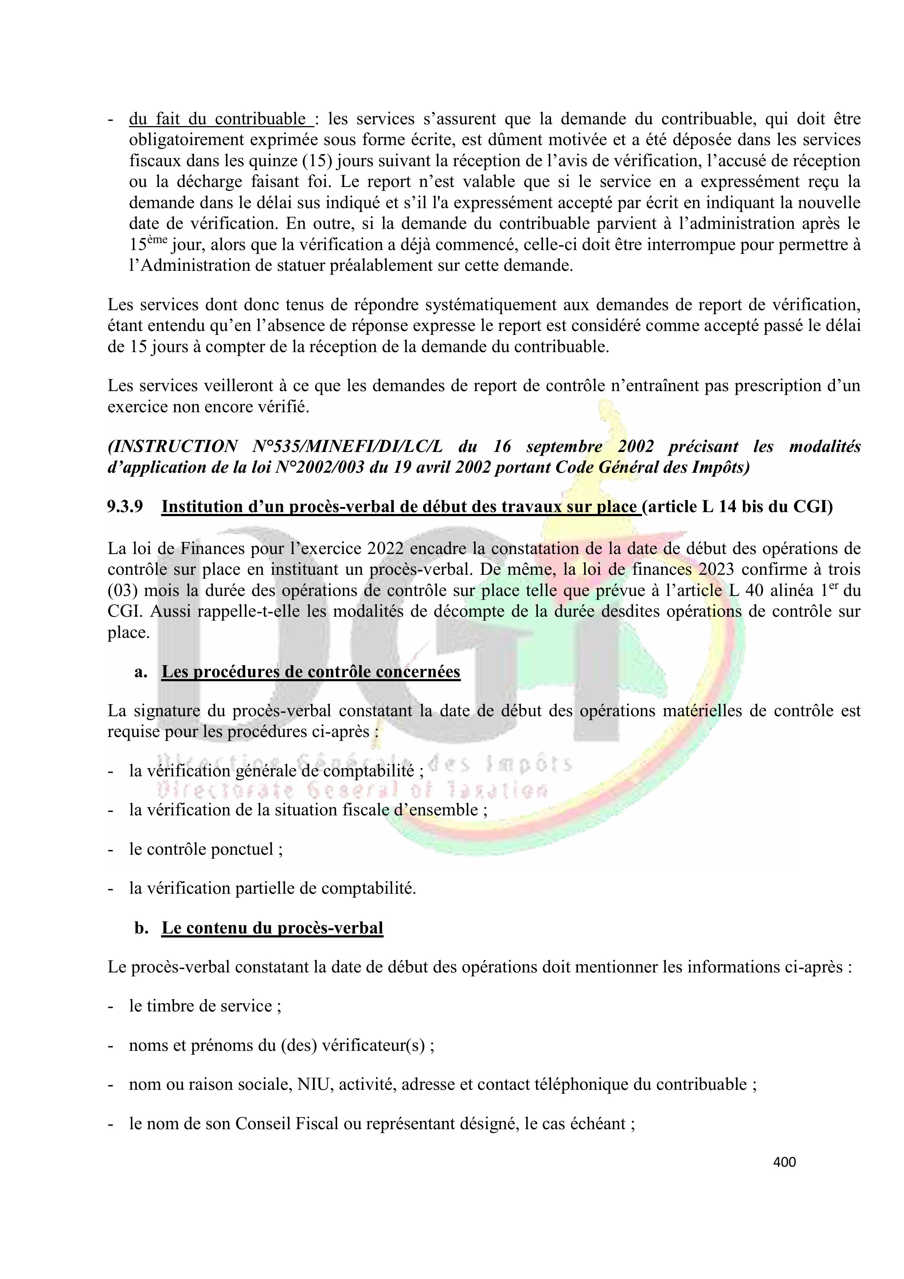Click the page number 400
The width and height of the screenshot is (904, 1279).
click(784, 1162)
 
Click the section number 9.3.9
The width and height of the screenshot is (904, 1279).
click(125, 507)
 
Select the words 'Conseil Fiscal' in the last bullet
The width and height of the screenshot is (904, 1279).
click(287, 1124)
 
